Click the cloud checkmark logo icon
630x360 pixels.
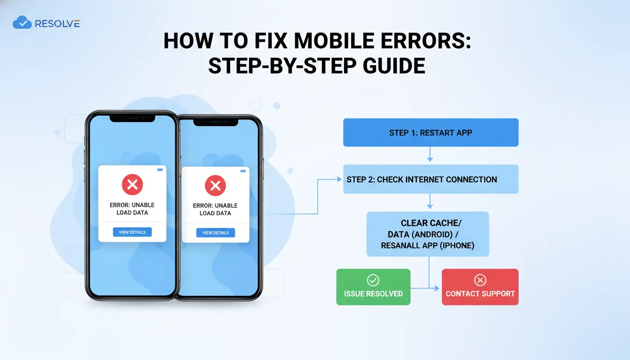pos(22,22)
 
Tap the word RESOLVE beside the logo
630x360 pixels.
pos(57,24)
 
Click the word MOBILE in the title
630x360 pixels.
pos(334,41)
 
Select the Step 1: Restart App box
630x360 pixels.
pos(431,133)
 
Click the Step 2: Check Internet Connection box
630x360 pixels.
pos(431,179)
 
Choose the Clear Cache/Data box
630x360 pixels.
pos(427,234)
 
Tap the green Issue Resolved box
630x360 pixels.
pos(373,287)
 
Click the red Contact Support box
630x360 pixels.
pos(480,287)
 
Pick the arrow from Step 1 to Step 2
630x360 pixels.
pos(430,154)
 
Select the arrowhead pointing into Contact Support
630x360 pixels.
pos(436,288)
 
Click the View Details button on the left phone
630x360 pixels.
pos(132,232)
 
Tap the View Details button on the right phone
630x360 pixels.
pos(216,232)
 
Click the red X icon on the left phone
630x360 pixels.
pos(132,185)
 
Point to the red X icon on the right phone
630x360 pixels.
pos(216,185)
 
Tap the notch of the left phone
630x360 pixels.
pos(132,119)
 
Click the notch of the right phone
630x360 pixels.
pos(216,122)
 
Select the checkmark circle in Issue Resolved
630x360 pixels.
pos(373,280)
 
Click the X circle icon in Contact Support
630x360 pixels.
pos(480,280)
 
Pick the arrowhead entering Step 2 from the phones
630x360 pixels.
pos(339,179)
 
